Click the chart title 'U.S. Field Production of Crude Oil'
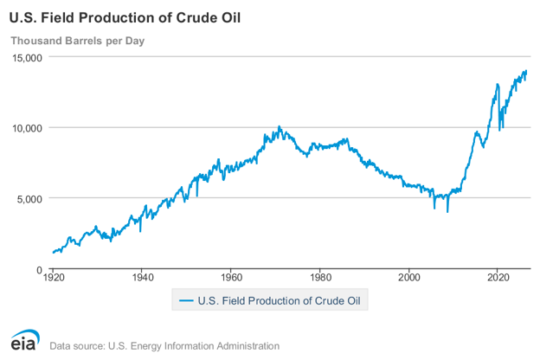coord(125,18)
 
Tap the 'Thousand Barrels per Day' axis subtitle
coord(78,41)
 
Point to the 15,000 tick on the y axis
coord(27,57)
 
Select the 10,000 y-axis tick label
coord(27,128)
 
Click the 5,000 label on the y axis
coord(29,199)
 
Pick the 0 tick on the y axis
coord(39,270)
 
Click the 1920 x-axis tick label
coord(54,277)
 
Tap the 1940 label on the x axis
coord(143,277)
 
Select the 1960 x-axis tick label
coord(231,277)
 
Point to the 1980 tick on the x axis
coord(320,277)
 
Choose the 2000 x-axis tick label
coord(409,277)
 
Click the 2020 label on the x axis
coord(498,277)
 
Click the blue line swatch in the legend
coord(186,301)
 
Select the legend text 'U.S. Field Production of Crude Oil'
coord(279,301)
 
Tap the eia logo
coord(25,340)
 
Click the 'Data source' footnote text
coord(164,346)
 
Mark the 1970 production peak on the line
coord(280,126)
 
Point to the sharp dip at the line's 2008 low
coord(447,211)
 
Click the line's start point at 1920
coord(53,253)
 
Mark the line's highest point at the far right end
coord(526,71)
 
